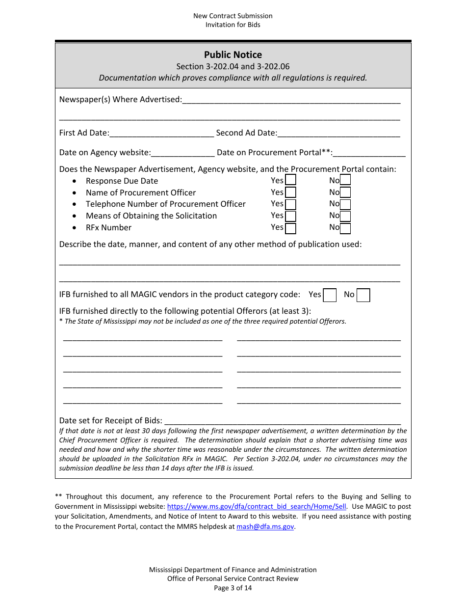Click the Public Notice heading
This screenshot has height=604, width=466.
pyautogui.click(x=233, y=55)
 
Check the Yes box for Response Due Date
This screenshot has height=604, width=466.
pyautogui.click(x=290, y=181)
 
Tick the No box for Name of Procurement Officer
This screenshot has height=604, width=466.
pyautogui.click(x=345, y=192)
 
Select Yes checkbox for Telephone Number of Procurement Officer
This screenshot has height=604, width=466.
pyautogui.click(x=290, y=204)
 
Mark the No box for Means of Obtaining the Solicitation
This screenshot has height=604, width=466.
pyautogui.click(x=345, y=216)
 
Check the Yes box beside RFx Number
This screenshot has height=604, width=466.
pyautogui.click(x=290, y=228)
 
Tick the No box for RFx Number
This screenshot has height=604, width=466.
pyautogui.click(x=345, y=228)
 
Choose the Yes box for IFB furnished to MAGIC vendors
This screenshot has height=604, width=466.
pyautogui.click(x=330, y=295)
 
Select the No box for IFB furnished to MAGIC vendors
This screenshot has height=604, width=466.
pyautogui.click(x=363, y=295)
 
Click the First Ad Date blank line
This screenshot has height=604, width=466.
pyautogui.click(x=162, y=134)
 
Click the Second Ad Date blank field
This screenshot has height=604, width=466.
pyautogui.click(x=338, y=134)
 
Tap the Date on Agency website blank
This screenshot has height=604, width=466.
pyautogui.click(x=183, y=153)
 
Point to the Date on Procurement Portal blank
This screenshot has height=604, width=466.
pyautogui.click(x=369, y=153)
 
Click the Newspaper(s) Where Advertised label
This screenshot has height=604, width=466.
pyautogui.click(x=120, y=100)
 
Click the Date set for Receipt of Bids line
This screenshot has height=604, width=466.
pyautogui.click(x=282, y=421)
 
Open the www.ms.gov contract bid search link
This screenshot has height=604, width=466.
pyautogui.click(x=257, y=507)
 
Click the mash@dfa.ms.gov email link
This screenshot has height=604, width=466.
pyautogui.click(x=265, y=526)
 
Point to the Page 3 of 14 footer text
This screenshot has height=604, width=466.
pyautogui.click(x=233, y=588)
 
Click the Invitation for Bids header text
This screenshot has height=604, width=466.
pyautogui.click(x=233, y=25)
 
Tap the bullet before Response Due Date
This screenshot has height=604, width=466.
pyautogui.click(x=74, y=181)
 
